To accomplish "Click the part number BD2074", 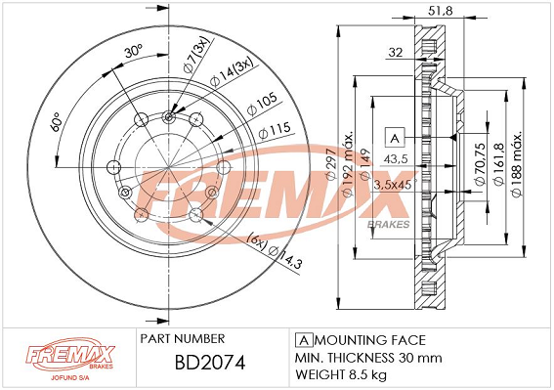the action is (210, 363).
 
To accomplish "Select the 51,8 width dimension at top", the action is (441, 11).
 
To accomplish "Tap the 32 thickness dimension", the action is (396, 53).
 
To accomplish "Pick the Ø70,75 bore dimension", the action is (480, 163).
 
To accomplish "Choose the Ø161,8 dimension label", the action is (498, 163).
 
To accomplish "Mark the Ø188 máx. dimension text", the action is (516, 164).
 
